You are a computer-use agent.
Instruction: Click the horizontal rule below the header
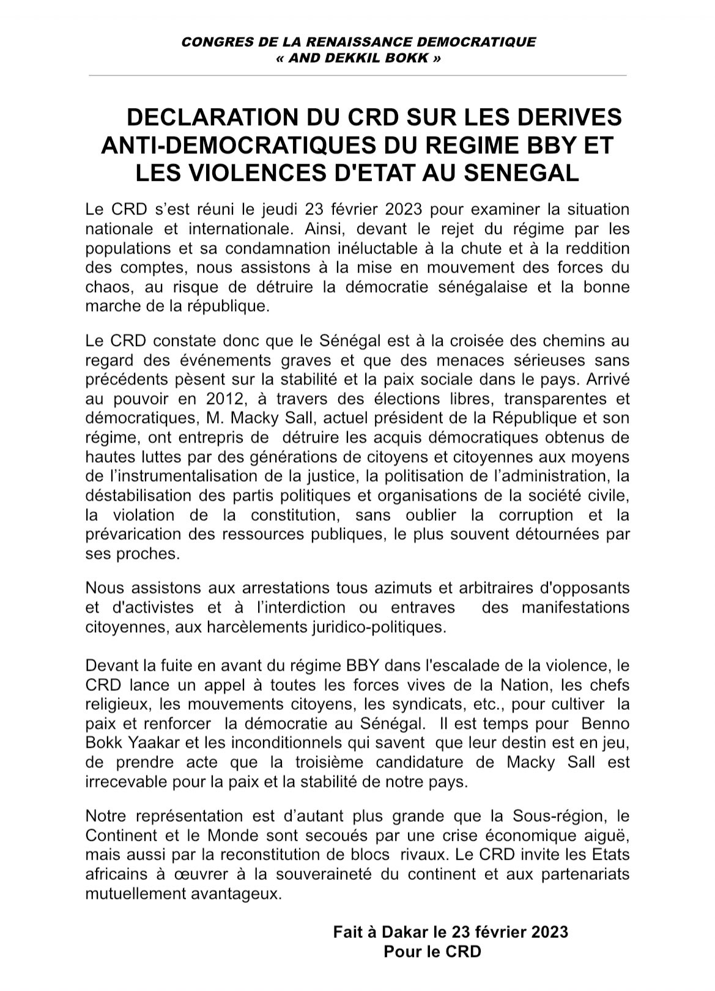click(358, 75)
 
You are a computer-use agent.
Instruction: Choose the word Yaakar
click(152, 743)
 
